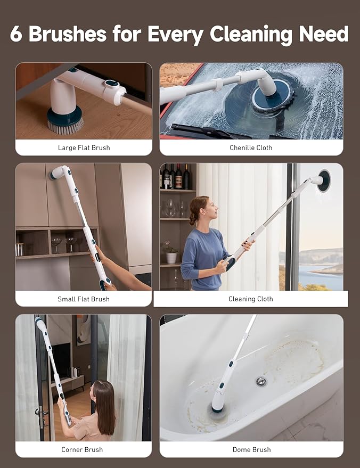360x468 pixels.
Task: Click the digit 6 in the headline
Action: click(16, 34)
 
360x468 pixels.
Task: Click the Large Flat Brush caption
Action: click(84, 147)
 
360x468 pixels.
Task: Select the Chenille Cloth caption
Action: click(251, 147)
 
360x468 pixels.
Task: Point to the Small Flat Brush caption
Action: click(84, 299)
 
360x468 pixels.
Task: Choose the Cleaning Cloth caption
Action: click(251, 299)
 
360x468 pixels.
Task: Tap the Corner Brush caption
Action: click(82, 449)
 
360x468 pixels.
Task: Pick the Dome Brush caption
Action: click(252, 449)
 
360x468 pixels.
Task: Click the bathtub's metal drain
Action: click(261, 381)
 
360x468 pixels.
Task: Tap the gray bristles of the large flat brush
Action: click(66, 127)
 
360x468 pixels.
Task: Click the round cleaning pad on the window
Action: click(324, 180)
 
